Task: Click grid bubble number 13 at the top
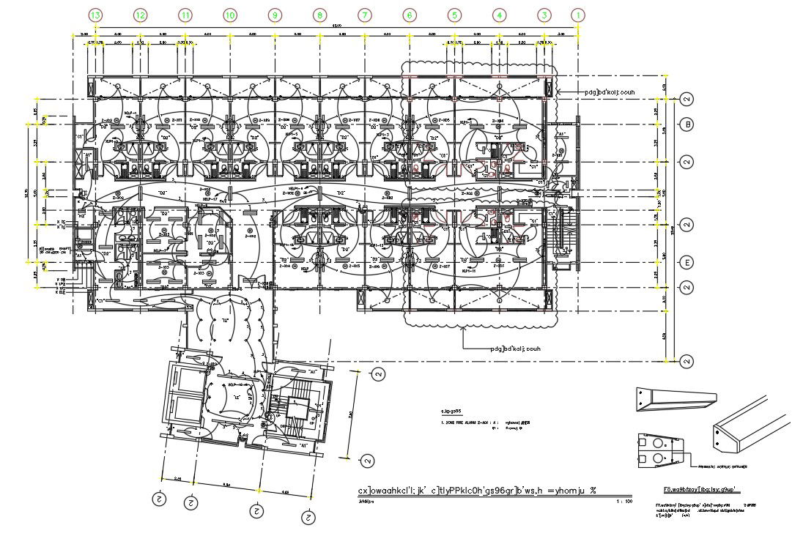tap(96, 15)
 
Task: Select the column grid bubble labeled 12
tap(141, 15)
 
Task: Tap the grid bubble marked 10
tap(230, 15)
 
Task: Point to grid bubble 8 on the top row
tap(319, 15)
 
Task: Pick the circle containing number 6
tap(409, 15)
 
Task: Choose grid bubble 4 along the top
tap(499, 15)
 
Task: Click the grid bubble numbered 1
tap(579, 15)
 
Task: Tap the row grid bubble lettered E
tap(687, 262)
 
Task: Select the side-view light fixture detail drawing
tap(675, 399)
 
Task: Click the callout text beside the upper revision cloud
tap(608, 92)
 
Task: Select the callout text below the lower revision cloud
tap(514, 349)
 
